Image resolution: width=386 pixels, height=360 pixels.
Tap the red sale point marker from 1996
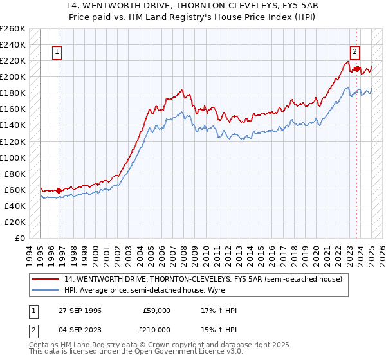click(59, 190)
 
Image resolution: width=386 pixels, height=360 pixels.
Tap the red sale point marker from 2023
click(356, 67)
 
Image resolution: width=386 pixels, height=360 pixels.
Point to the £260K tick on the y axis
click(14, 29)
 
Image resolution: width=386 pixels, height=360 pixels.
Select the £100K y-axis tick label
click(14, 157)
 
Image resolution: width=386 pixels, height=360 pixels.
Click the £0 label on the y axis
click(19, 238)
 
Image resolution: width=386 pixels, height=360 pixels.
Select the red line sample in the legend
click(46, 278)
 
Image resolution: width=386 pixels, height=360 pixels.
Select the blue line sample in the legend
click(46, 290)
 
